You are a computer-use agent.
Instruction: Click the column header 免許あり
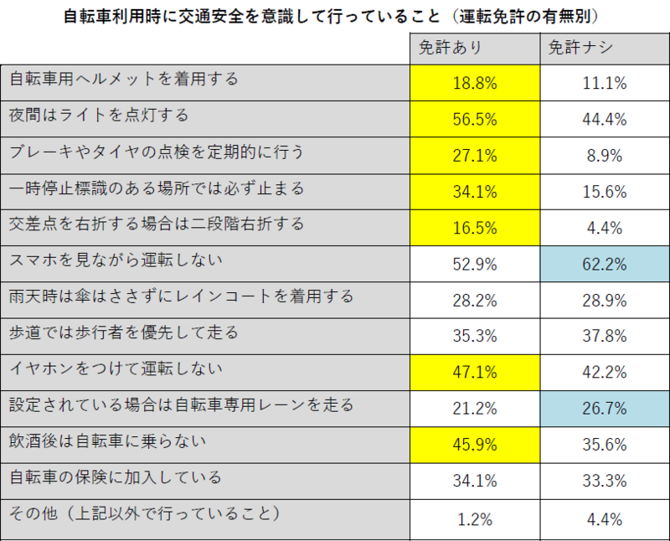tap(475, 49)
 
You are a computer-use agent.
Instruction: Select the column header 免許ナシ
tap(604, 49)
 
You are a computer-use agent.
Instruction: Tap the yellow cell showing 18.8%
tap(475, 84)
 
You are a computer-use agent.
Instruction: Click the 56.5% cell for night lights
tap(475, 119)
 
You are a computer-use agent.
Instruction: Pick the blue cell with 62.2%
tap(604, 265)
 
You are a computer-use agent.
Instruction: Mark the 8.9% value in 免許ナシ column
tap(604, 156)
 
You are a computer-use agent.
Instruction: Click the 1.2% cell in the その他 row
tap(475, 518)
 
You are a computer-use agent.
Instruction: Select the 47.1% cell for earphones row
tap(475, 373)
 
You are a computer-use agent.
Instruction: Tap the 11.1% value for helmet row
tap(604, 84)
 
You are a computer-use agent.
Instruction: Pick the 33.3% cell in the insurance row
tap(604, 482)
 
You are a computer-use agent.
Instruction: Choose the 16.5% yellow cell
tap(475, 228)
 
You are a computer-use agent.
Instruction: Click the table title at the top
tap(335, 16)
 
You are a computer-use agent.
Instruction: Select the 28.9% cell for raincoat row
tap(604, 301)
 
